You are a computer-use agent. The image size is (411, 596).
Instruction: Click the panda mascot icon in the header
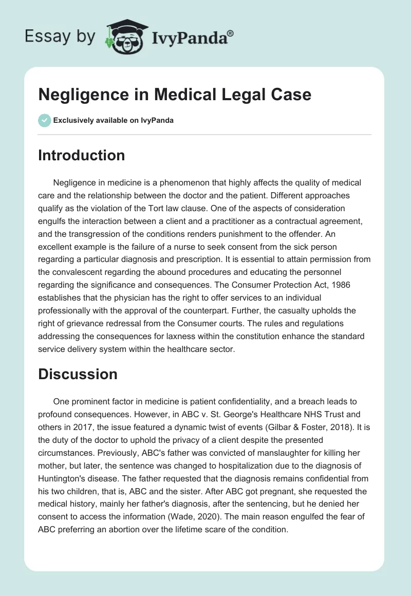(x=123, y=36)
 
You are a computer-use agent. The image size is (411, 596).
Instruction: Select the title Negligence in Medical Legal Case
(x=175, y=95)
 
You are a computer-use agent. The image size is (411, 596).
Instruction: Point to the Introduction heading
(x=81, y=156)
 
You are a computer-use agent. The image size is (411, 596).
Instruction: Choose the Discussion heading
(x=78, y=375)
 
